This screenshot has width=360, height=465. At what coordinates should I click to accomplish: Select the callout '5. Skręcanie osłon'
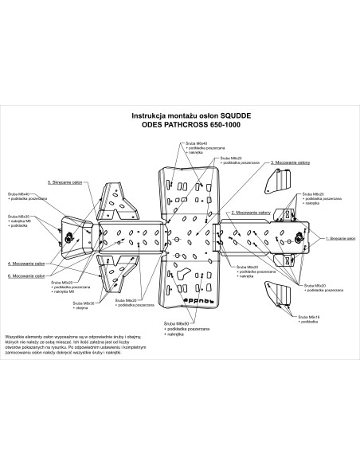pos(65,182)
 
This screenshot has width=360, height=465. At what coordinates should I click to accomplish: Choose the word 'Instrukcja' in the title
pos(150,115)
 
